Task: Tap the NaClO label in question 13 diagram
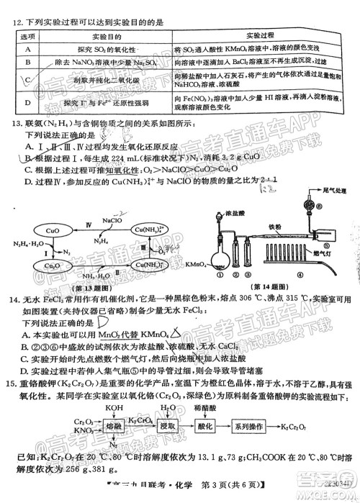tap(111, 220)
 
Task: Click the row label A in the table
tap(26, 49)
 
